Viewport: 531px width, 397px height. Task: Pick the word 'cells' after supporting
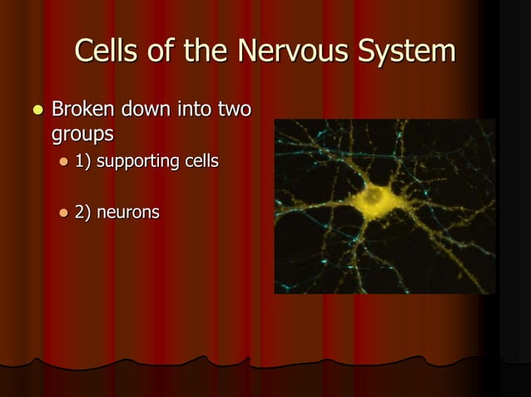[x=202, y=160]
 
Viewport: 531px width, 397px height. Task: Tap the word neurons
[x=128, y=212]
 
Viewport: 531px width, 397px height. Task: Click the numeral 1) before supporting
[x=83, y=160]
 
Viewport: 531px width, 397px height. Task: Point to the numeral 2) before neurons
[x=83, y=212]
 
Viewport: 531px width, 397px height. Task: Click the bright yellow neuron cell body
[x=376, y=199]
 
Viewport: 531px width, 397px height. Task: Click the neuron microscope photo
[x=385, y=206]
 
